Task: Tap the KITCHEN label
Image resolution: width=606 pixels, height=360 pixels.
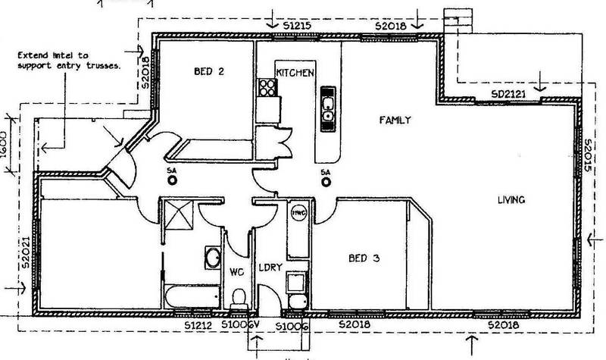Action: (295, 72)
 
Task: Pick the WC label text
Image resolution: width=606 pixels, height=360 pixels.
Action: (236, 271)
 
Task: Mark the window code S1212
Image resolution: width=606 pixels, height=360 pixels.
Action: (199, 324)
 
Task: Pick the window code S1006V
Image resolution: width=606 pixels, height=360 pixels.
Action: (245, 324)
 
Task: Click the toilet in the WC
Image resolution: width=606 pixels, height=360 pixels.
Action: (239, 296)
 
